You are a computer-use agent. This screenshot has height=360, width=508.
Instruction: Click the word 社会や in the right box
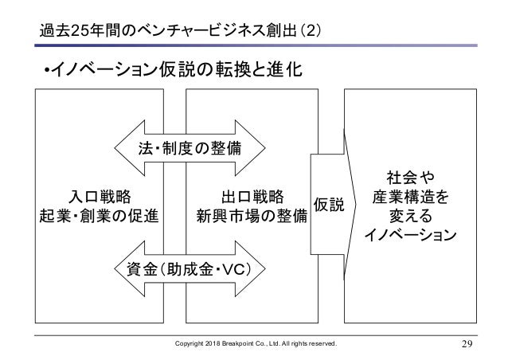pyautogui.click(x=409, y=175)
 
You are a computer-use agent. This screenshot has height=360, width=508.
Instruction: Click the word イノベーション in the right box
pyautogui.click(x=409, y=236)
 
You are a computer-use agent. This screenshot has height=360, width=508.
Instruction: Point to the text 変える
pyautogui.click(x=409, y=216)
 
